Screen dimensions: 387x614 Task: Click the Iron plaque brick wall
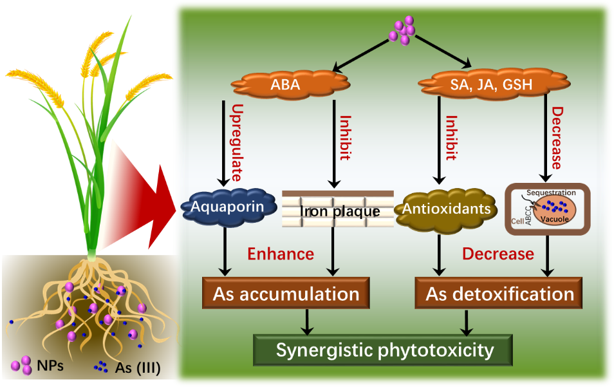(338, 210)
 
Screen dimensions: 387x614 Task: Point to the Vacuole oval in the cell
(554, 210)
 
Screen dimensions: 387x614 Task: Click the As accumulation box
(286, 294)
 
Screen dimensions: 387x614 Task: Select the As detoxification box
(499, 294)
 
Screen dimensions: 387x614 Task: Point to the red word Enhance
(281, 254)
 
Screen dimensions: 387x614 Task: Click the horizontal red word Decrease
(498, 254)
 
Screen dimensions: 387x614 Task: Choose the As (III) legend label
(137, 368)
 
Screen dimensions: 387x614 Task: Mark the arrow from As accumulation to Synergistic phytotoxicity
(308, 321)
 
